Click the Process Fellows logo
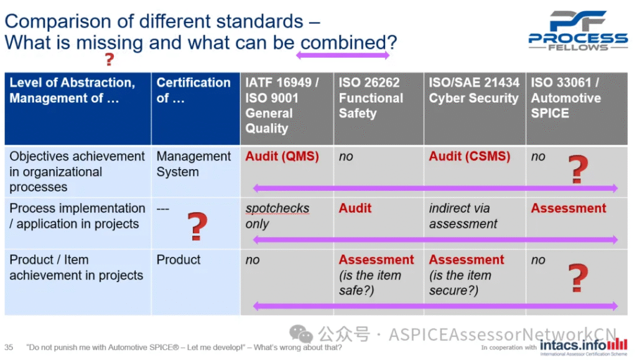click(x=578, y=30)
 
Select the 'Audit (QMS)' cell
click(x=282, y=156)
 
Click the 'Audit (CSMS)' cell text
click(x=469, y=156)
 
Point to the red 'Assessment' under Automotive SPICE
click(x=569, y=208)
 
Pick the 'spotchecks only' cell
click(x=277, y=216)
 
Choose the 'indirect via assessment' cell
click(x=463, y=216)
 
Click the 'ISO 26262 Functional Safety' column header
click(x=371, y=98)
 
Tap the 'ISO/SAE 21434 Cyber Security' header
click(x=474, y=90)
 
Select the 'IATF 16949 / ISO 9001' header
click(x=282, y=90)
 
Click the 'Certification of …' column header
click(x=193, y=90)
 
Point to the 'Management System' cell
click(x=193, y=164)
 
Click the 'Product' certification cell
click(x=179, y=260)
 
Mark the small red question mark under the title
click(x=109, y=59)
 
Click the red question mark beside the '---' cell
click(x=197, y=226)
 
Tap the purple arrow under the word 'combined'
click(x=343, y=55)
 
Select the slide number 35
click(x=9, y=348)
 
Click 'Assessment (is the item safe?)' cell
click(x=376, y=275)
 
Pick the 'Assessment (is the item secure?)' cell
click(x=467, y=275)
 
